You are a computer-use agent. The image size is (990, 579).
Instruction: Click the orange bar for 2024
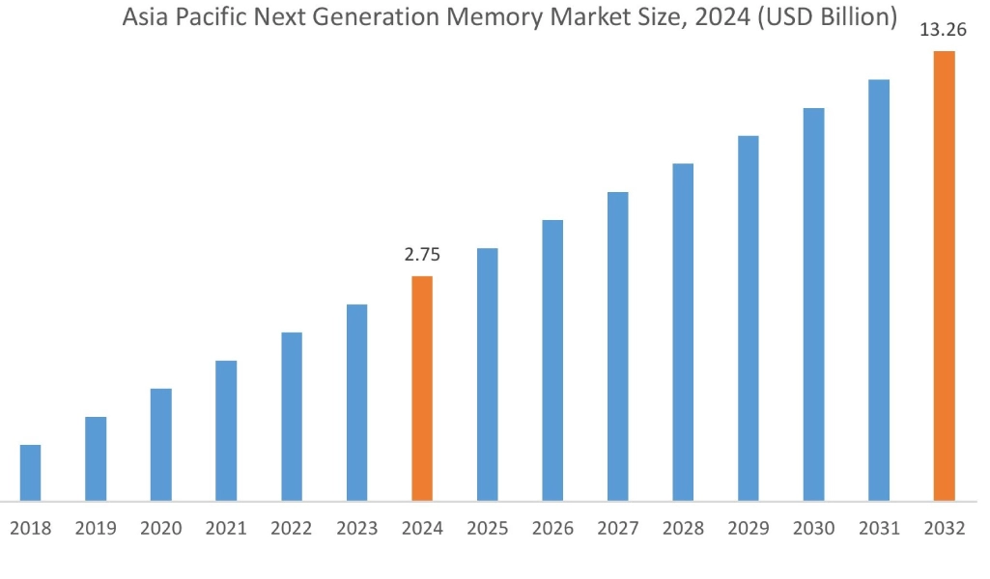(422, 388)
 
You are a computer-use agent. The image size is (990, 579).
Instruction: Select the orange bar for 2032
(944, 276)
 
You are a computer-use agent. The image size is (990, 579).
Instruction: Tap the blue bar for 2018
(31, 473)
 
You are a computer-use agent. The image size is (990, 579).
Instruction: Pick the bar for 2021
(226, 430)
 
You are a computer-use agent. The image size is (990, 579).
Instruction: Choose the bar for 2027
(618, 346)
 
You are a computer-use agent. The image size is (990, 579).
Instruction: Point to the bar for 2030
(813, 304)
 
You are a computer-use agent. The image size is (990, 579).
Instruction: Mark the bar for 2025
(488, 374)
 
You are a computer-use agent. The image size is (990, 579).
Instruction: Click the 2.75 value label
(422, 256)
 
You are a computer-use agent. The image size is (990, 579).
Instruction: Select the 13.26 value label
(944, 31)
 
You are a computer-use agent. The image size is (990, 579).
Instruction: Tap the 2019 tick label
(96, 528)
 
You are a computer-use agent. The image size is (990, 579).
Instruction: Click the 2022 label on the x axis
(292, 528)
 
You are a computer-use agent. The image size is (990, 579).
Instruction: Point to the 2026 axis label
(552, 528)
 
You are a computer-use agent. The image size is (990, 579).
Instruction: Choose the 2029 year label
(749, 528)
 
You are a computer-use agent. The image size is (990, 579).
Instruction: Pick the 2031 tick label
(879, 528)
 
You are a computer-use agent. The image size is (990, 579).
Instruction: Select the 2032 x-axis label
(944, 528)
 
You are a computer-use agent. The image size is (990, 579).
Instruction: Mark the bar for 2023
(356, 402)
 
